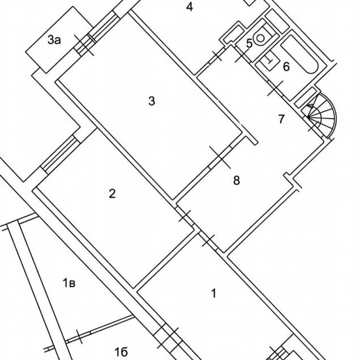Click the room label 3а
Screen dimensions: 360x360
click(x=54, y=40)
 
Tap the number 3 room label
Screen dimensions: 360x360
click(x=151, y=101)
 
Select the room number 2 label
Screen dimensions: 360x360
click(x=112, y=194)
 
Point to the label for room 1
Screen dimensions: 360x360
click(x=213, y=293)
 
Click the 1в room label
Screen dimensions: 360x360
click(x=69, y=282)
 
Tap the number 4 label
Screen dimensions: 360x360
click(x=190, y=7)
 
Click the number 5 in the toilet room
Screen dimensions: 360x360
click(x=249, y=44)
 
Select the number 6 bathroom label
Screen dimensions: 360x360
click(x=286, y=67)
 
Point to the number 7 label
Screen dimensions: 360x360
click(x=281, y=119)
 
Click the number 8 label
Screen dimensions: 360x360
click(x=237, y=181)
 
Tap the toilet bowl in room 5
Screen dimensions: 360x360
click(x=261, y=37)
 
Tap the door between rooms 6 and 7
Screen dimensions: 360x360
click(x=274, y=88)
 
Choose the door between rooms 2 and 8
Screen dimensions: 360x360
click(x=184, y=216)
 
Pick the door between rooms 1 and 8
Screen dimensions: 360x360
click(x=209, y=241)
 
